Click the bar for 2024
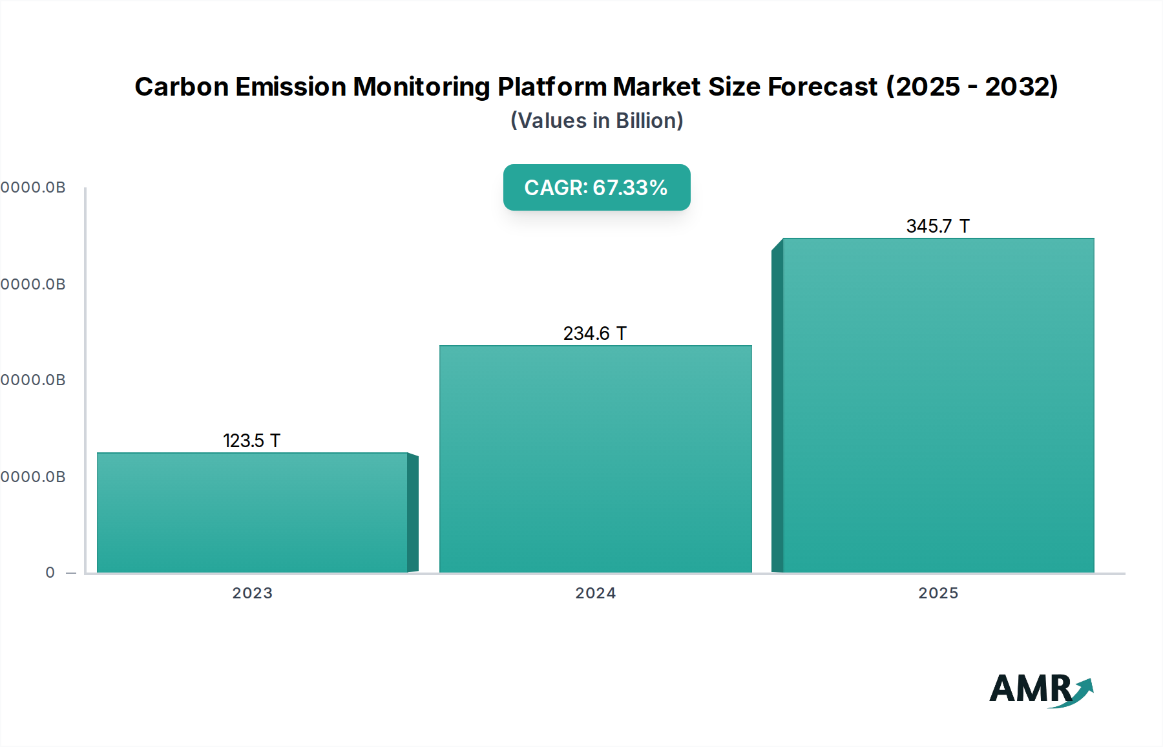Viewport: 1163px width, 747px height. [595, 459]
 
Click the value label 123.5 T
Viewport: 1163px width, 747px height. [251, 441]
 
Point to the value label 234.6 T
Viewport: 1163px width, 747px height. [594, 333]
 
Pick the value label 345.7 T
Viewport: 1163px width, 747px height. [938, 226]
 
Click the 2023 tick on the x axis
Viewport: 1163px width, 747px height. [252, 593]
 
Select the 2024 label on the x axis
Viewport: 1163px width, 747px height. [595, 593]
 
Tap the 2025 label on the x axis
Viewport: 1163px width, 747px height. [938, 593]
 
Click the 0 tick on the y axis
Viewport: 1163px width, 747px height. [50, 573]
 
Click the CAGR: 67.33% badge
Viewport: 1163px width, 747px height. [596, 187]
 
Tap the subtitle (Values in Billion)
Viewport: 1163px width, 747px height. [596, 121]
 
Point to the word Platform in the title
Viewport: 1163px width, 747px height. [552, 87]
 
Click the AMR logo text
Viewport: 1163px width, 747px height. [1030, 689]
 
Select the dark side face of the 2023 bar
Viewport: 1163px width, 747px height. [413, 514]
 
